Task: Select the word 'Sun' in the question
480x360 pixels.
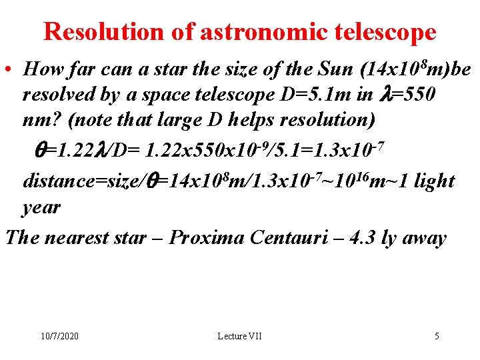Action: (337, 69)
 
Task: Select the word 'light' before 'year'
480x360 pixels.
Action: (433, 180)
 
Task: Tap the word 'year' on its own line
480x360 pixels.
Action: (41, 207)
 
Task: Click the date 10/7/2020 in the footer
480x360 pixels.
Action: (59, 336)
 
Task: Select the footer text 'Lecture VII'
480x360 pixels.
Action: (239, 336)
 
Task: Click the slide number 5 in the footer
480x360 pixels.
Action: (437, 336)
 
